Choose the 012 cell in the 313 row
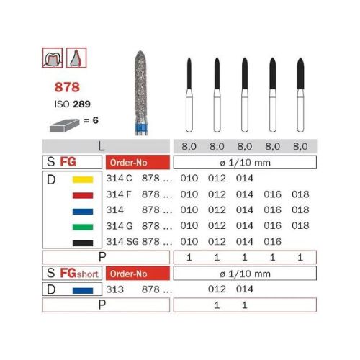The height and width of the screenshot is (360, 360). point(215,290)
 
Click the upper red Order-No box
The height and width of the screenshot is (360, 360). point(136,162)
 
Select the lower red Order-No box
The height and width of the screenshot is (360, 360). point(136,274)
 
